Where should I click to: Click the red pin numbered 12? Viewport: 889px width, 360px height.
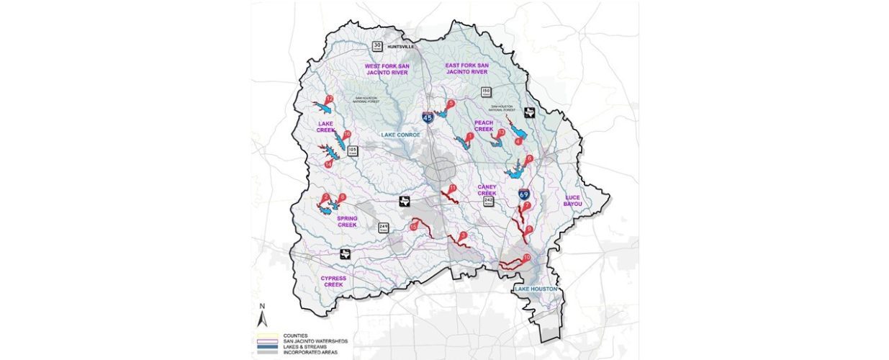330,99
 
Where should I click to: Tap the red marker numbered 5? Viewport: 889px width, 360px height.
451,104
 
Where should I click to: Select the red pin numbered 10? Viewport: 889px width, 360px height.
527,258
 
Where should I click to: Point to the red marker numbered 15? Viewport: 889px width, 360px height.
413,227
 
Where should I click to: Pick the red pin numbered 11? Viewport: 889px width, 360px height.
452,189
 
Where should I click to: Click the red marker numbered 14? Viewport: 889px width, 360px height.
328,164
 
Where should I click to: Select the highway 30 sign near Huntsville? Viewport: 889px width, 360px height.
376,47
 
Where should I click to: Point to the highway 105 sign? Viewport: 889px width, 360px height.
352,151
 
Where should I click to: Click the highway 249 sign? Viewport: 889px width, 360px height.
384,228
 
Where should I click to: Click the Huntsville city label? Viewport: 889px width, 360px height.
402,47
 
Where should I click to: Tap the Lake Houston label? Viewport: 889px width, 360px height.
536,289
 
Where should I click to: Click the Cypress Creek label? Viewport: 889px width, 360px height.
334,281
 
